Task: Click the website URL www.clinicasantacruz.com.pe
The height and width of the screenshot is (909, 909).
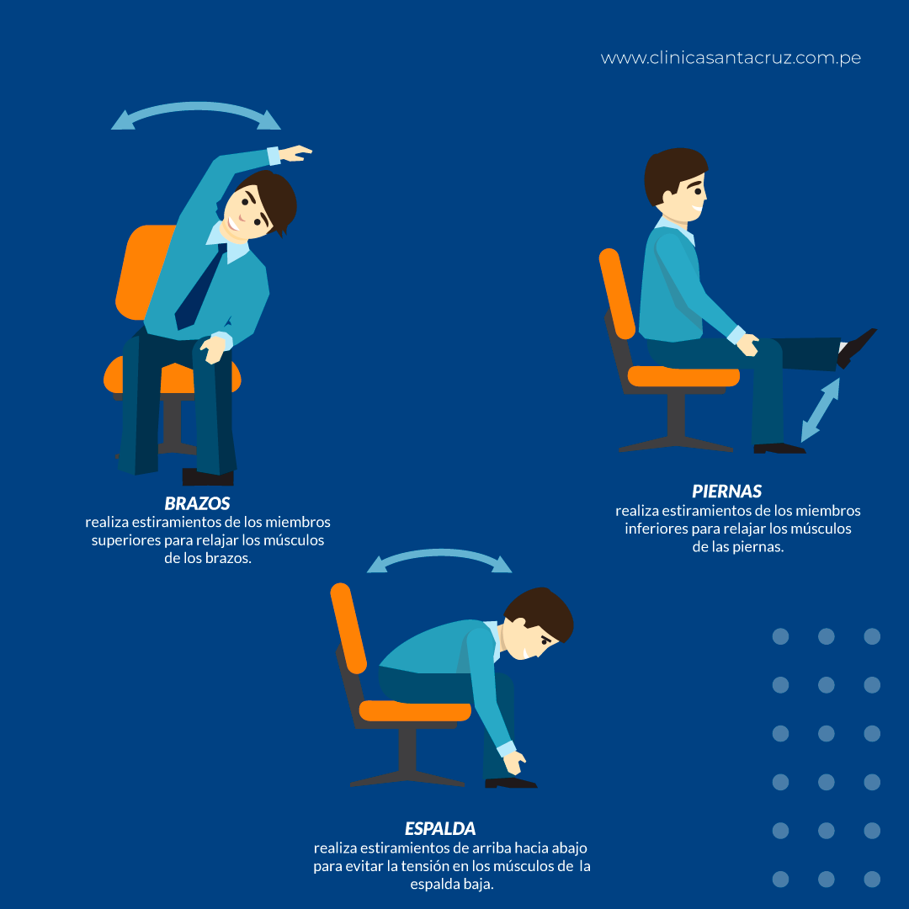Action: (x=731, y=58)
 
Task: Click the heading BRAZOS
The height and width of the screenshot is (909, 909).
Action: (x=197, y=503)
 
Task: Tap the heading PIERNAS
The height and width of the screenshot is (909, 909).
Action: (x=727, y=492)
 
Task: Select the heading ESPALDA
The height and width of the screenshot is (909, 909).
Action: (x=440, y=828)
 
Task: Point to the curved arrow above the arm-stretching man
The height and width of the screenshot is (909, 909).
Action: (x=196, y=106)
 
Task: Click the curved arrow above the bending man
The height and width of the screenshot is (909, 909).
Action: (x=439, y=553)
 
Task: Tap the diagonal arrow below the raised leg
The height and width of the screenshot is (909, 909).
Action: (x=821, y=410)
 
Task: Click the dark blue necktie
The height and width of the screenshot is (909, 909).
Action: (x=196, y=290)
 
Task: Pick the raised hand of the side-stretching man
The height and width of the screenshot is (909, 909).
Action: (x=295, y=153)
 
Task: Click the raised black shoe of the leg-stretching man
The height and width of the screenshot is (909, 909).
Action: (x=856, y=347)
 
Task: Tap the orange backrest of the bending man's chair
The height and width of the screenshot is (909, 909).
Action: (x=348, y=629)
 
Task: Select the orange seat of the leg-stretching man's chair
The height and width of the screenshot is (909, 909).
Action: (x=683, y=376)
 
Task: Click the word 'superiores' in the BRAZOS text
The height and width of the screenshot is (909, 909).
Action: (x=125, y=540)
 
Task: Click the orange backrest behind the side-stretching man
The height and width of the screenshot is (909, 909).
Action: (x=145, y=273)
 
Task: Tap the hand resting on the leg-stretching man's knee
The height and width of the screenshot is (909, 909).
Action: (x=748, y=345)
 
